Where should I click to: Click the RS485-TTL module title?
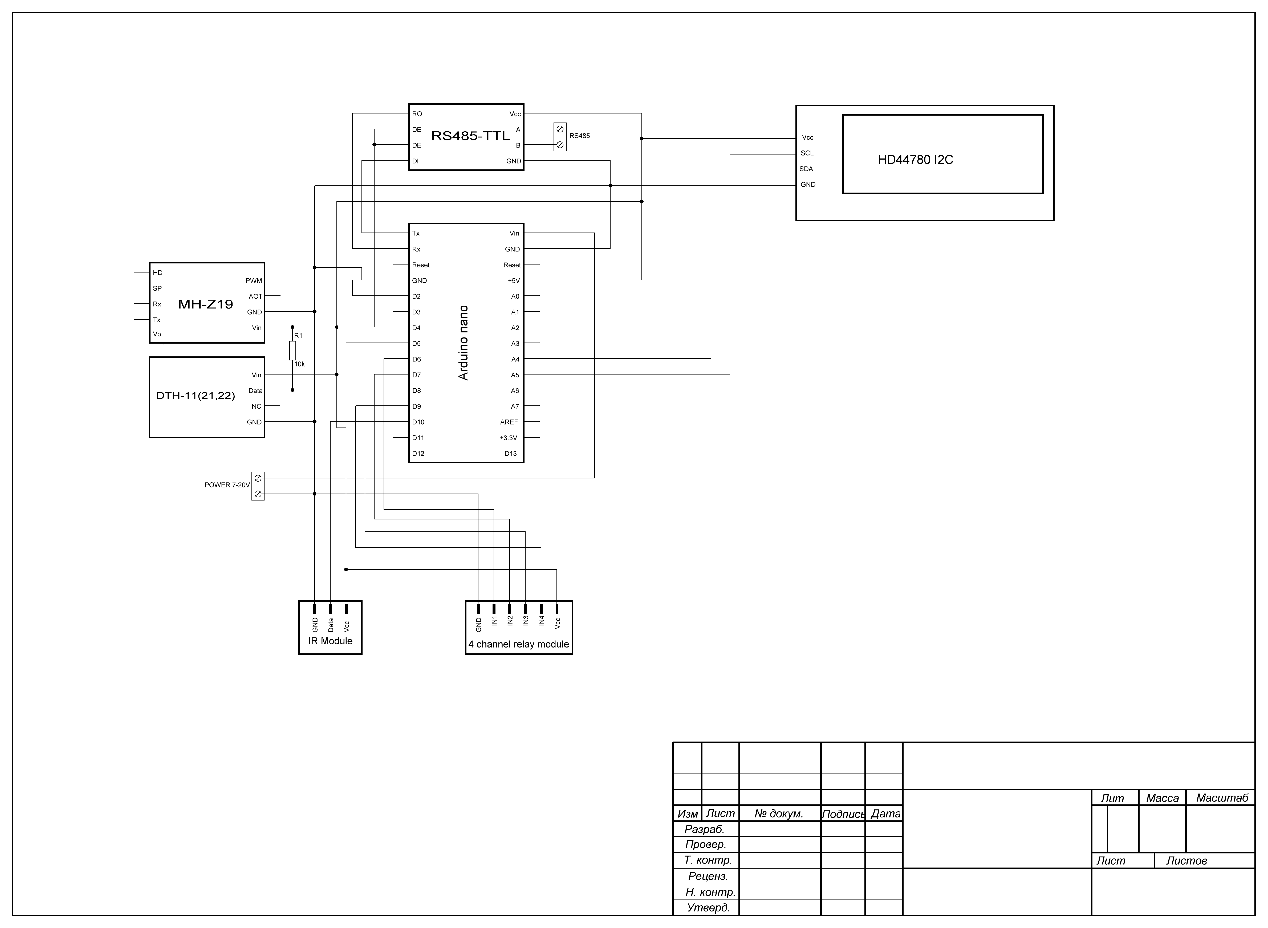click(x=470, y=136)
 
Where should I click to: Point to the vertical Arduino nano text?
click(x=464, y=343)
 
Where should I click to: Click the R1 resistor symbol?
click(x=292, y=351)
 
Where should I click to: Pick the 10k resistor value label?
click(x=299, y=364)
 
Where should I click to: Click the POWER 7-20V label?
click(x=227, y=485)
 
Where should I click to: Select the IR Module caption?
click(x=330, y=641)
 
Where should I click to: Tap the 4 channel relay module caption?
click(x=519, y=644)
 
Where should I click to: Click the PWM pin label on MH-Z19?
click(x=254, y=281)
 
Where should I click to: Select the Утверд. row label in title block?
click(x=708, y=908)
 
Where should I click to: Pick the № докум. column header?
click(x=779, y=813)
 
